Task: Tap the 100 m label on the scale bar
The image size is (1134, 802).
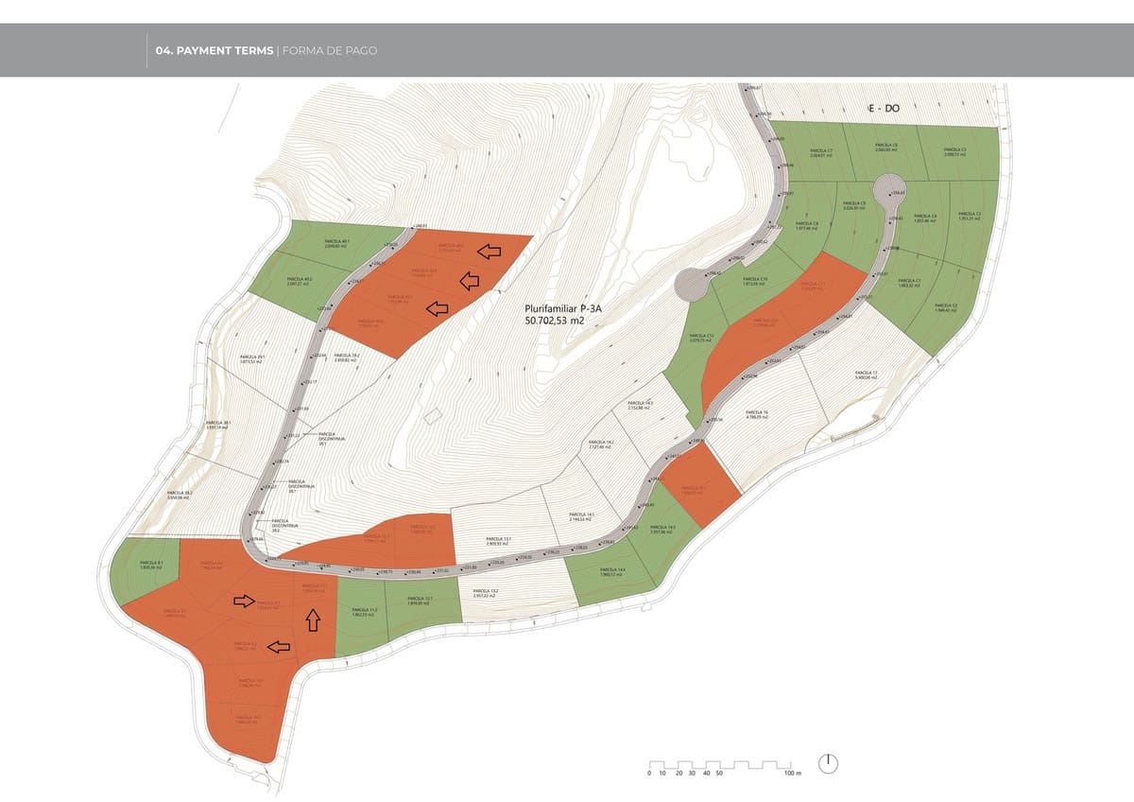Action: click(792, 774)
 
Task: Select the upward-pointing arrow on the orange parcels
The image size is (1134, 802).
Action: click(313, 620)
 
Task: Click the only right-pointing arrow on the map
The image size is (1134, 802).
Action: click(244, 601)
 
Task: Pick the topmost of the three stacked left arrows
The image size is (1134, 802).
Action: click(489, 251)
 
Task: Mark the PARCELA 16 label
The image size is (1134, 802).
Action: click(757, 415)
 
